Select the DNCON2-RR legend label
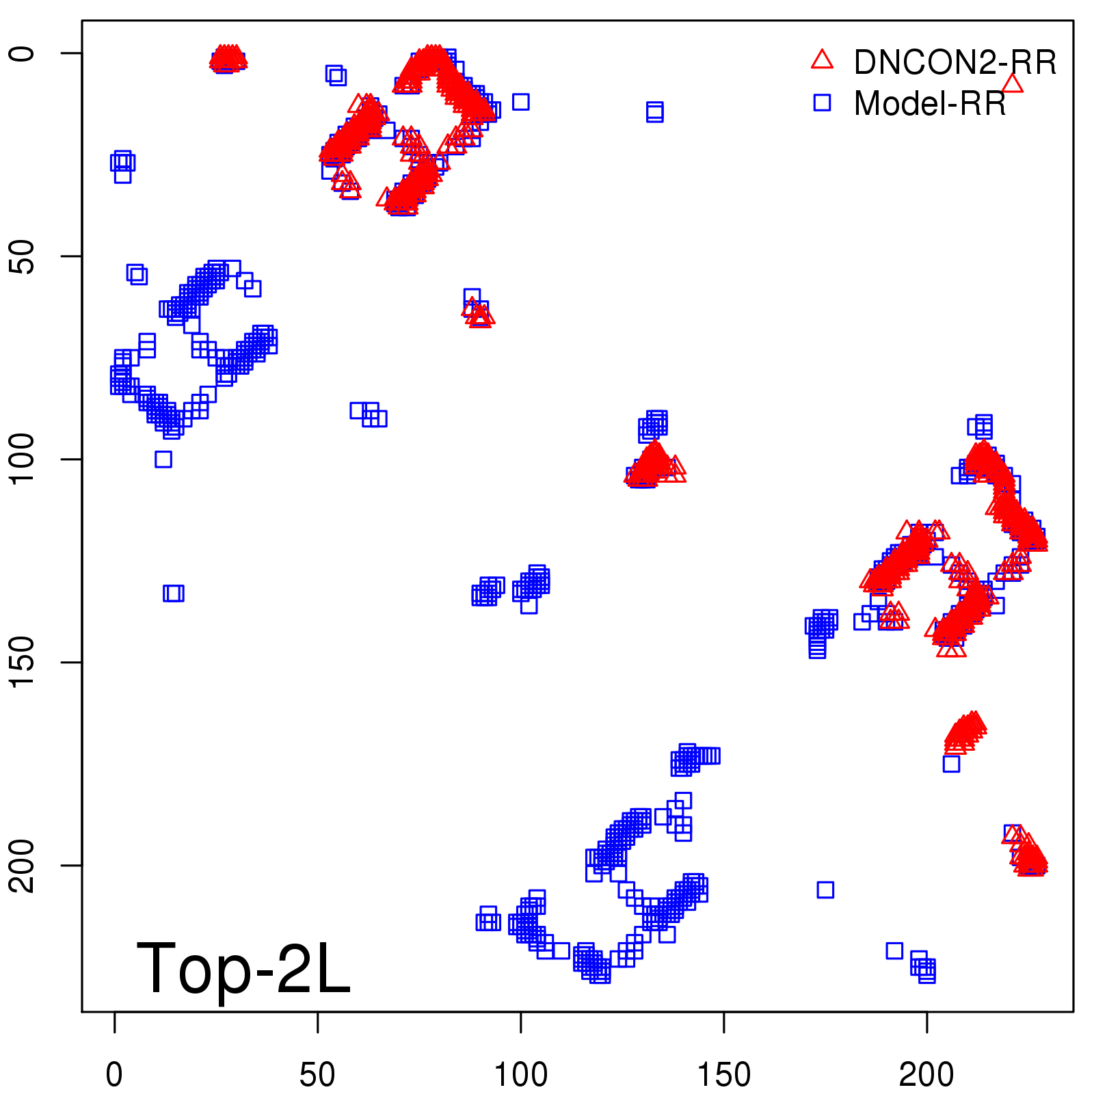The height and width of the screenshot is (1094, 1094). click(955, 63)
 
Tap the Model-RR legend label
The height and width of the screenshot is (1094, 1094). click(930, 104)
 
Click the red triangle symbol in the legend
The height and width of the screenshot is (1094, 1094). click(822, 60)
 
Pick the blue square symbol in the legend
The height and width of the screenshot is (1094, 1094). click(822, 103)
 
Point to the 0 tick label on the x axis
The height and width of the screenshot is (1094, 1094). click(114, 1075)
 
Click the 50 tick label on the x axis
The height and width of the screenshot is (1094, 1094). click(317, 1075)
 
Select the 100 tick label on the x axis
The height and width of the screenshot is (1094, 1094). click(520, 1075)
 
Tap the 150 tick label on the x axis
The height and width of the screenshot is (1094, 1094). click(723, 1075)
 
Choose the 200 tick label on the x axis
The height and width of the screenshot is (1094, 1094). click(926, 1075)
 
